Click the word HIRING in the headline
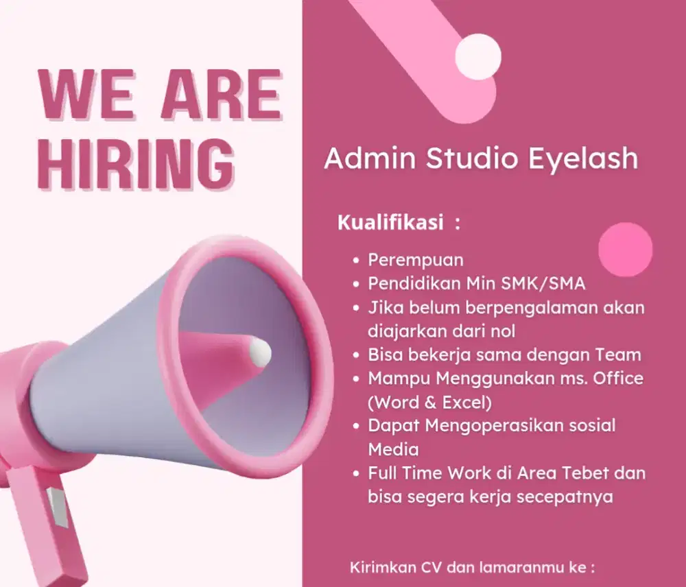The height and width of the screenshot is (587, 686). (136, 165)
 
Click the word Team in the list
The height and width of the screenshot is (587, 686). (619, 355)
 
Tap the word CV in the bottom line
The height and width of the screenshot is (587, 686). (431, 568)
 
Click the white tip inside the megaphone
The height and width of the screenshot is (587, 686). (260, 351)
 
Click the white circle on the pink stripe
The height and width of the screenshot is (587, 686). (478, 57)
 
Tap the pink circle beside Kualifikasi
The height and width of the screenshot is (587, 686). (625, 250)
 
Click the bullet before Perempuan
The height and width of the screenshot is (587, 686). (355, 261)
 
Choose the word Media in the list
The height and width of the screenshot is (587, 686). (393, 449)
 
